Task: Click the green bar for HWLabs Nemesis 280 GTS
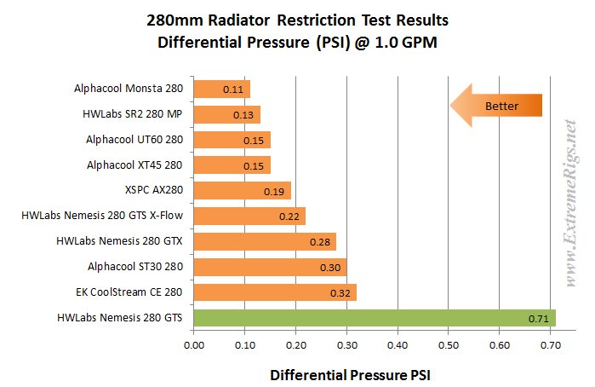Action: [375, 319]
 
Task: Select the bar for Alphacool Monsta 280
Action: [221, 88]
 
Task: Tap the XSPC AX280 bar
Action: [242, 190]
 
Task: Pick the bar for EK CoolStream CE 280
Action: [275, 293]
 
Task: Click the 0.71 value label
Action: [538, 320]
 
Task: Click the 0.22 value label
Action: [289, 217]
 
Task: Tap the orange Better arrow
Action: [495, 107]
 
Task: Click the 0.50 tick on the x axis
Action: [449, 346]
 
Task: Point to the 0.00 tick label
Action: [194, 346]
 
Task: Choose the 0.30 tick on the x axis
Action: [346, 346]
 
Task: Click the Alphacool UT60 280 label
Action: [134, 138]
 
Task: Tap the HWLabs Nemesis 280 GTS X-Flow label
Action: [102, 216]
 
